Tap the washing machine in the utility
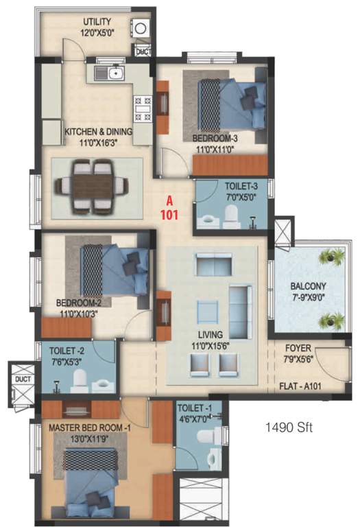pos(141,29)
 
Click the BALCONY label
pos(307,286)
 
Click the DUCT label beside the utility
pos(143,52)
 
